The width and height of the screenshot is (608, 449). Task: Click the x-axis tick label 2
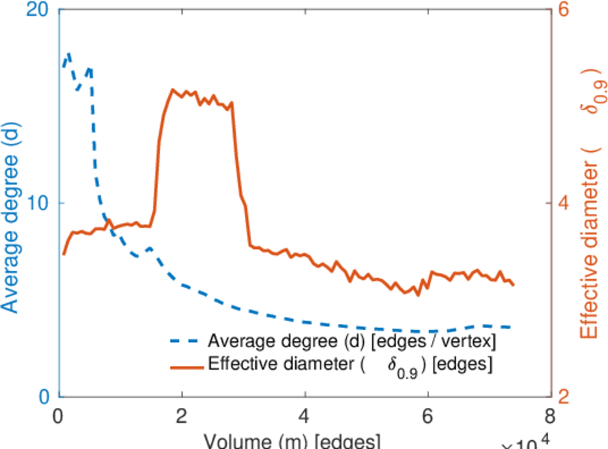coord(181,416)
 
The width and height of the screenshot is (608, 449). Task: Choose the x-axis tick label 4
coord(304,416)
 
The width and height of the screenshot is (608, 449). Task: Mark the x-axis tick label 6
coord(427,416)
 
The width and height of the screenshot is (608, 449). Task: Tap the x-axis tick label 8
coord(550,416)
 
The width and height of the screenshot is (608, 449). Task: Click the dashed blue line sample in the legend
coord(186,342)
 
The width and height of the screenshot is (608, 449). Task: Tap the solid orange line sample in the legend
coord(186,366)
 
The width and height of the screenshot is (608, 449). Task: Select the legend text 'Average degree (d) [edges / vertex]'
coord(351,342)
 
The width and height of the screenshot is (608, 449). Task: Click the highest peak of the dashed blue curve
coord(70,55)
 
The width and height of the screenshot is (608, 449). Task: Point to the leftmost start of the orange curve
coord(64,254)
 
